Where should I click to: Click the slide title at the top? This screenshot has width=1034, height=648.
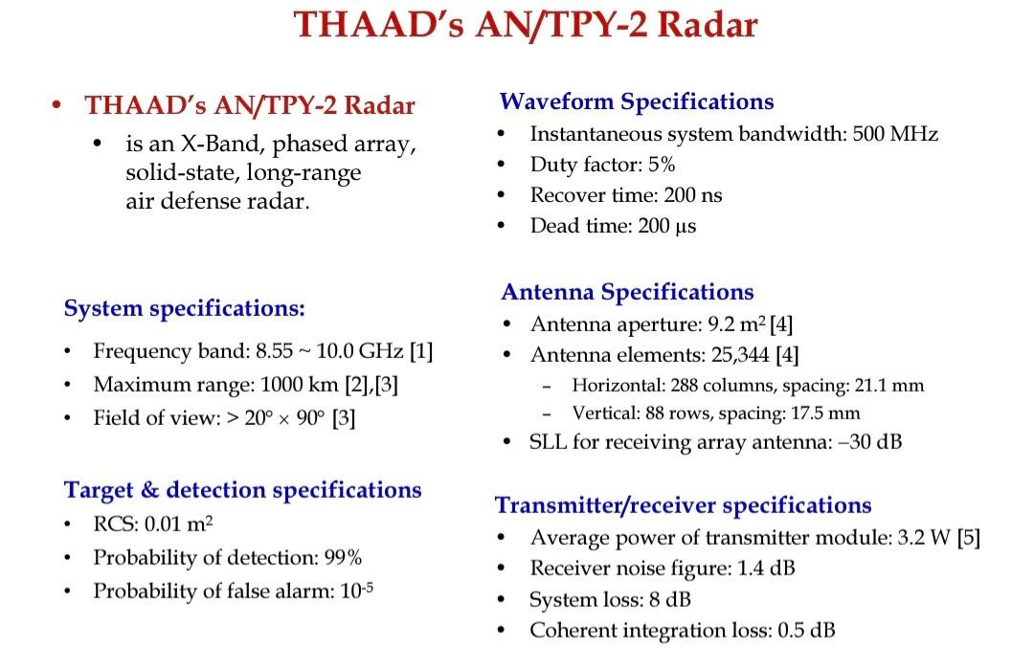pos(525,24)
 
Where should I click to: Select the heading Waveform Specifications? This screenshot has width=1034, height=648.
pos(637,101)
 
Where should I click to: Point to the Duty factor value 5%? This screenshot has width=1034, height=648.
pos(662,165)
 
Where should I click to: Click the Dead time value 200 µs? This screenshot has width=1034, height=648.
pos(666,227)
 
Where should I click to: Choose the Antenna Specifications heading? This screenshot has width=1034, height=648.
pos(627,292)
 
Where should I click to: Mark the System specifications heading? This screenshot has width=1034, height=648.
pos(184,309)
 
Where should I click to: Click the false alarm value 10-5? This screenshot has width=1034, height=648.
pos(355,591)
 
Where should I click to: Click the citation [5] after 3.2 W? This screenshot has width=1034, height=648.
pos(969,538)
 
